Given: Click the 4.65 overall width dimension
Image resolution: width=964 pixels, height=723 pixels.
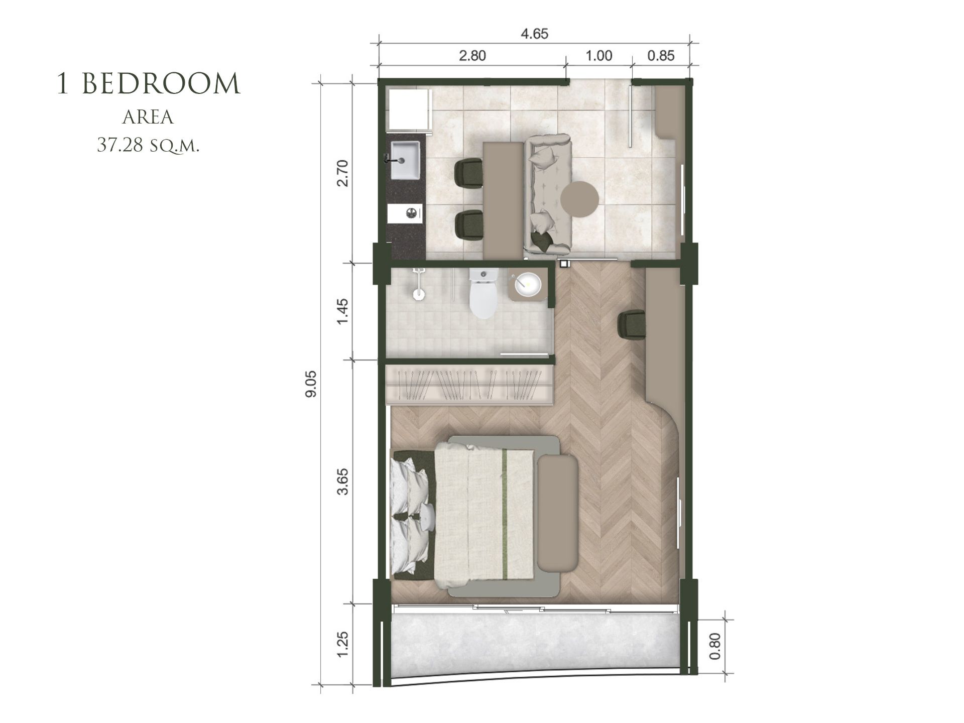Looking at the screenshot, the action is (534, 34).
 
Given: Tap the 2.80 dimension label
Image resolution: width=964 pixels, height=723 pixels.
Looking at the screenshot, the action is (472, 56).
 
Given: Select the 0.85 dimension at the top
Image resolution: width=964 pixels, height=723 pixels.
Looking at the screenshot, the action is (661, 56).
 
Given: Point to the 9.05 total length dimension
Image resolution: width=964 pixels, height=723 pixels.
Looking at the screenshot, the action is (311, 384).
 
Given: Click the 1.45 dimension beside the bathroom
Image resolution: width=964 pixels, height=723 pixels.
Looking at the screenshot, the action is (342, 311).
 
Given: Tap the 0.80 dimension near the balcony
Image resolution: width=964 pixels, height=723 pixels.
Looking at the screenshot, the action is (715, 647).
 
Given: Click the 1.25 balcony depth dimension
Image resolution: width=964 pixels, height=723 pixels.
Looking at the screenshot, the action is (342, 644).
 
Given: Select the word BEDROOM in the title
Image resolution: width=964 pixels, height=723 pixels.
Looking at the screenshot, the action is (161, 84).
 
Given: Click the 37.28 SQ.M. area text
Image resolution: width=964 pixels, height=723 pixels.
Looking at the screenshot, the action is (149, 145).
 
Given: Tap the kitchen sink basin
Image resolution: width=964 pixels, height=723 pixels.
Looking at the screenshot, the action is (405, 160).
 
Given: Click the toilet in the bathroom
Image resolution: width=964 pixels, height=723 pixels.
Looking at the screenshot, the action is (484, 293).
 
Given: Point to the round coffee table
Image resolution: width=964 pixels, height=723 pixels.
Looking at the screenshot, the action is (580, 199).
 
